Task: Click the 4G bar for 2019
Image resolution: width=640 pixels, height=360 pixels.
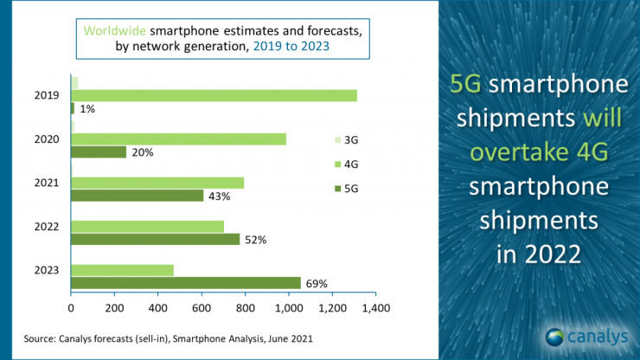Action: pyautogui.click(x=214, y=95)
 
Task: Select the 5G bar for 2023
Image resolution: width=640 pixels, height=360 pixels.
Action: pyautogui.click(x=186, y=283)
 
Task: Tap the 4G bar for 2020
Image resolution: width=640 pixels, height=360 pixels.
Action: pyautogui.click(x=178, y=139)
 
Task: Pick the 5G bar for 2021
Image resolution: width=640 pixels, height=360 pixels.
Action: pyautogui.click(x=137, y=196)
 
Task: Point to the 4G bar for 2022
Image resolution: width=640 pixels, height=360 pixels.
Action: pyautogui.click(x=147, y=227)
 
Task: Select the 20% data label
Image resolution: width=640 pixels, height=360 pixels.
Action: pyautogui.click(x=143, y=152)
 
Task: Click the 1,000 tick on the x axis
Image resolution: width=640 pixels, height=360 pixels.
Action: pyautogui.click(x=288, y=306)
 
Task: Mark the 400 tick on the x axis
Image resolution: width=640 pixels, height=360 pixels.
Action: pyautogui.click(x=157, y=306)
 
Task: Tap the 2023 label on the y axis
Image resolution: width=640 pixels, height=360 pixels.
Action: pyautogui.click(x=47, y=270)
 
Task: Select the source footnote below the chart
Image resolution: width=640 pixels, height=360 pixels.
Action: pyautogui.click(x=168, y=338)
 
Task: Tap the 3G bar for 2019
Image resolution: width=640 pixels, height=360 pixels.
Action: pyautogui.click(x=74, y=82)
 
